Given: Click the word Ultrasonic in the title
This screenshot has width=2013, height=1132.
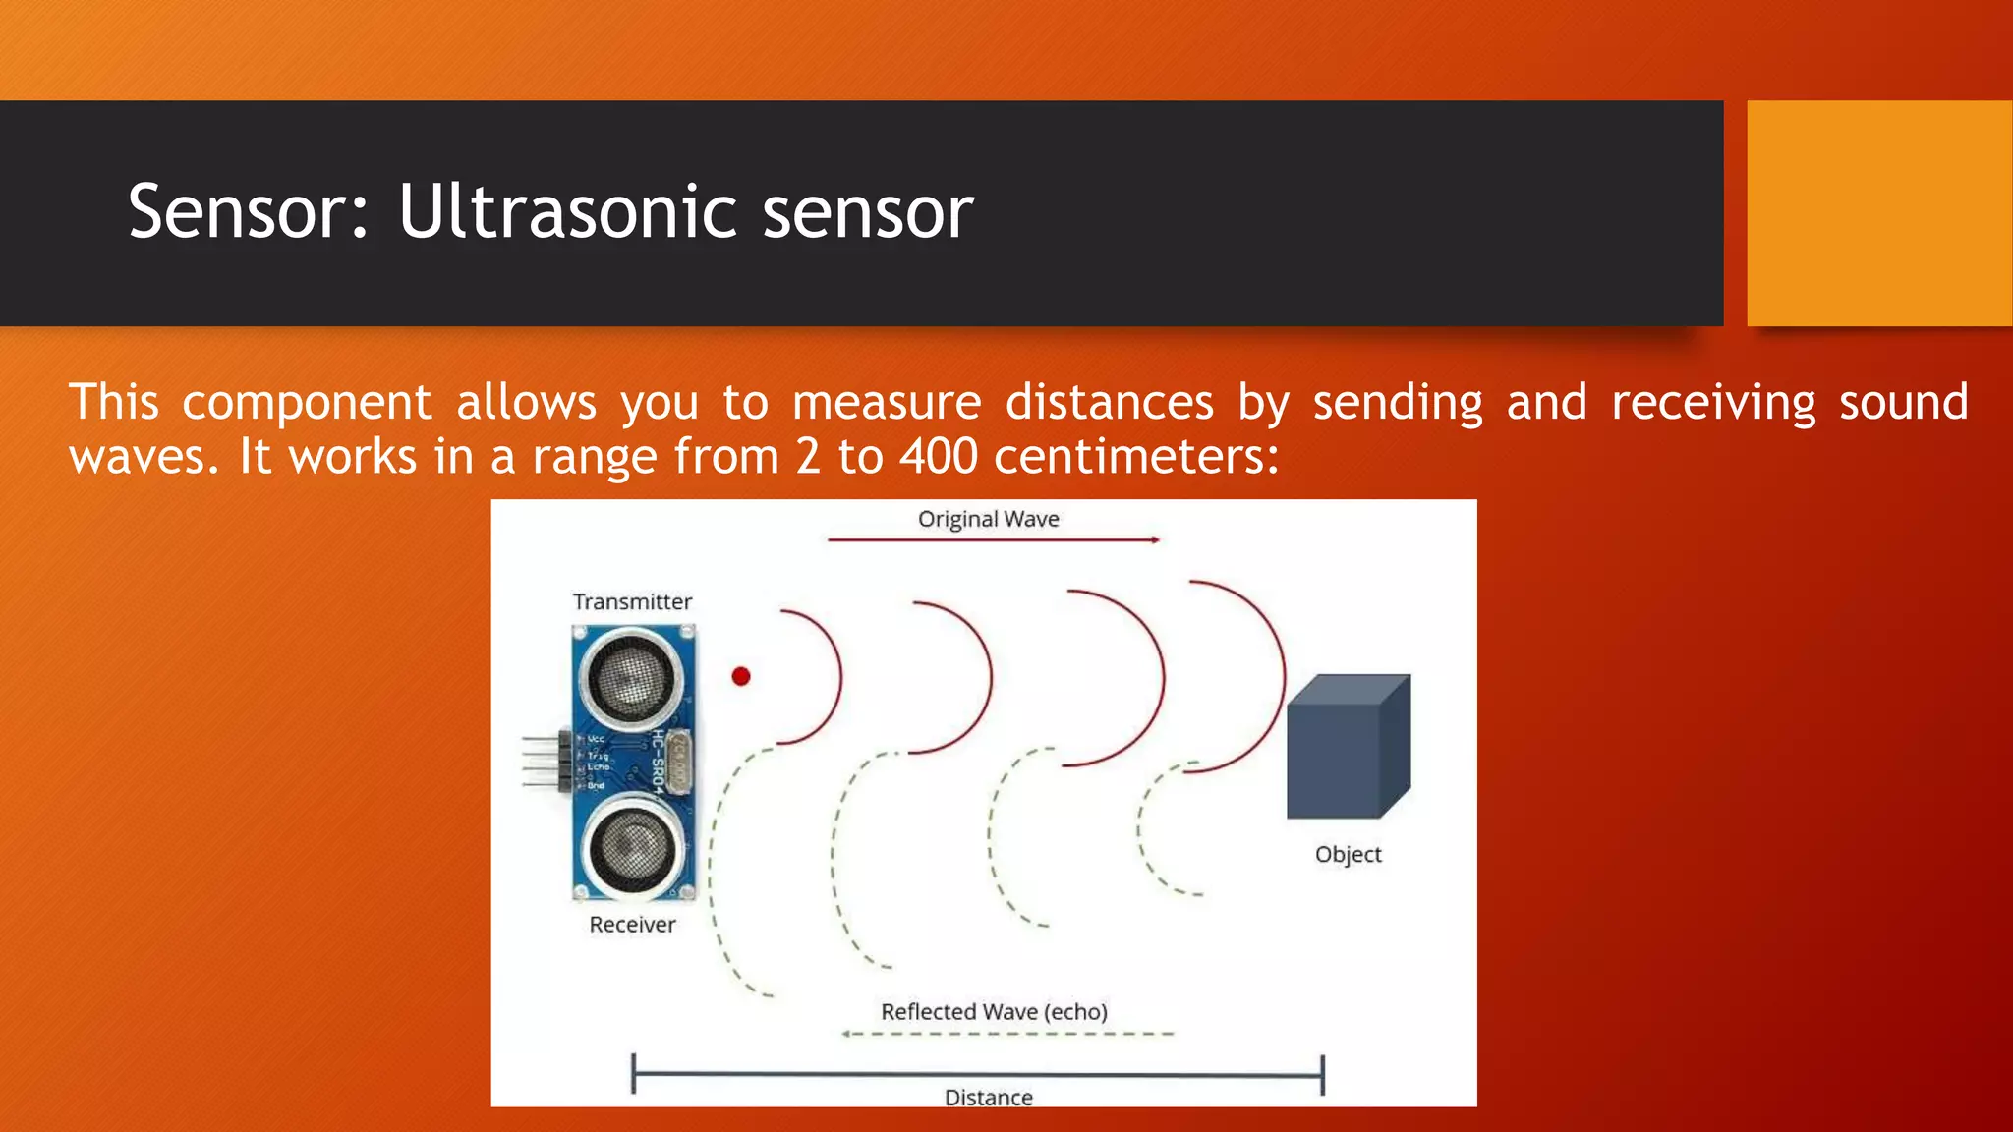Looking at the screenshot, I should click(569, 212).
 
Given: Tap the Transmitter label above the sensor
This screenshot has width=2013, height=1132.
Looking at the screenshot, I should click(632, 601).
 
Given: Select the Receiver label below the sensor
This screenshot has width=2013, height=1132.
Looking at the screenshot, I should click(632, 925).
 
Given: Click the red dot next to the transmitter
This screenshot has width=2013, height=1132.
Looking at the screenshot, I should click(741, 676).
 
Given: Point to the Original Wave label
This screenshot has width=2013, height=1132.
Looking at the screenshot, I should click(988, 519).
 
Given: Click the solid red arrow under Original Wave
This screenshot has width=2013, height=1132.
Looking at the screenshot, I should click(993, 539).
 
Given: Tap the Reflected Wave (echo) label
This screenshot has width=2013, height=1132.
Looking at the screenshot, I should click(994, 1011).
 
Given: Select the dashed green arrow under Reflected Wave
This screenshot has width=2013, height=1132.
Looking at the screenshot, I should click(1007, 1034).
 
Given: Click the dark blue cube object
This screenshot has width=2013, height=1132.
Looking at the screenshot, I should click(1347, 747).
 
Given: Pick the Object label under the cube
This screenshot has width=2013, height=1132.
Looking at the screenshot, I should click(1348, 854).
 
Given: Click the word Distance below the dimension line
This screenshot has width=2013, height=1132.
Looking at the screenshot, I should click(988, 1097).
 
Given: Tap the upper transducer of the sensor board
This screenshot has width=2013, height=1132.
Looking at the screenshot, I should click(632, 677).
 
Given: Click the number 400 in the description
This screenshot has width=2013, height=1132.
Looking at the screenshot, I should click(939, 457).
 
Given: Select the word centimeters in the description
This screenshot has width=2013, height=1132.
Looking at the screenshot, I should click(1135, 457).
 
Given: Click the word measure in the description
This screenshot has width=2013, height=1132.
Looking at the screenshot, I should click(887, 403).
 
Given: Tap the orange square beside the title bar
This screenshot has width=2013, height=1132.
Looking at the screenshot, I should click(1878, 213).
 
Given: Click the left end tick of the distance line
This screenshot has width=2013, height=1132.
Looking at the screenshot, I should click(634, 1074).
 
